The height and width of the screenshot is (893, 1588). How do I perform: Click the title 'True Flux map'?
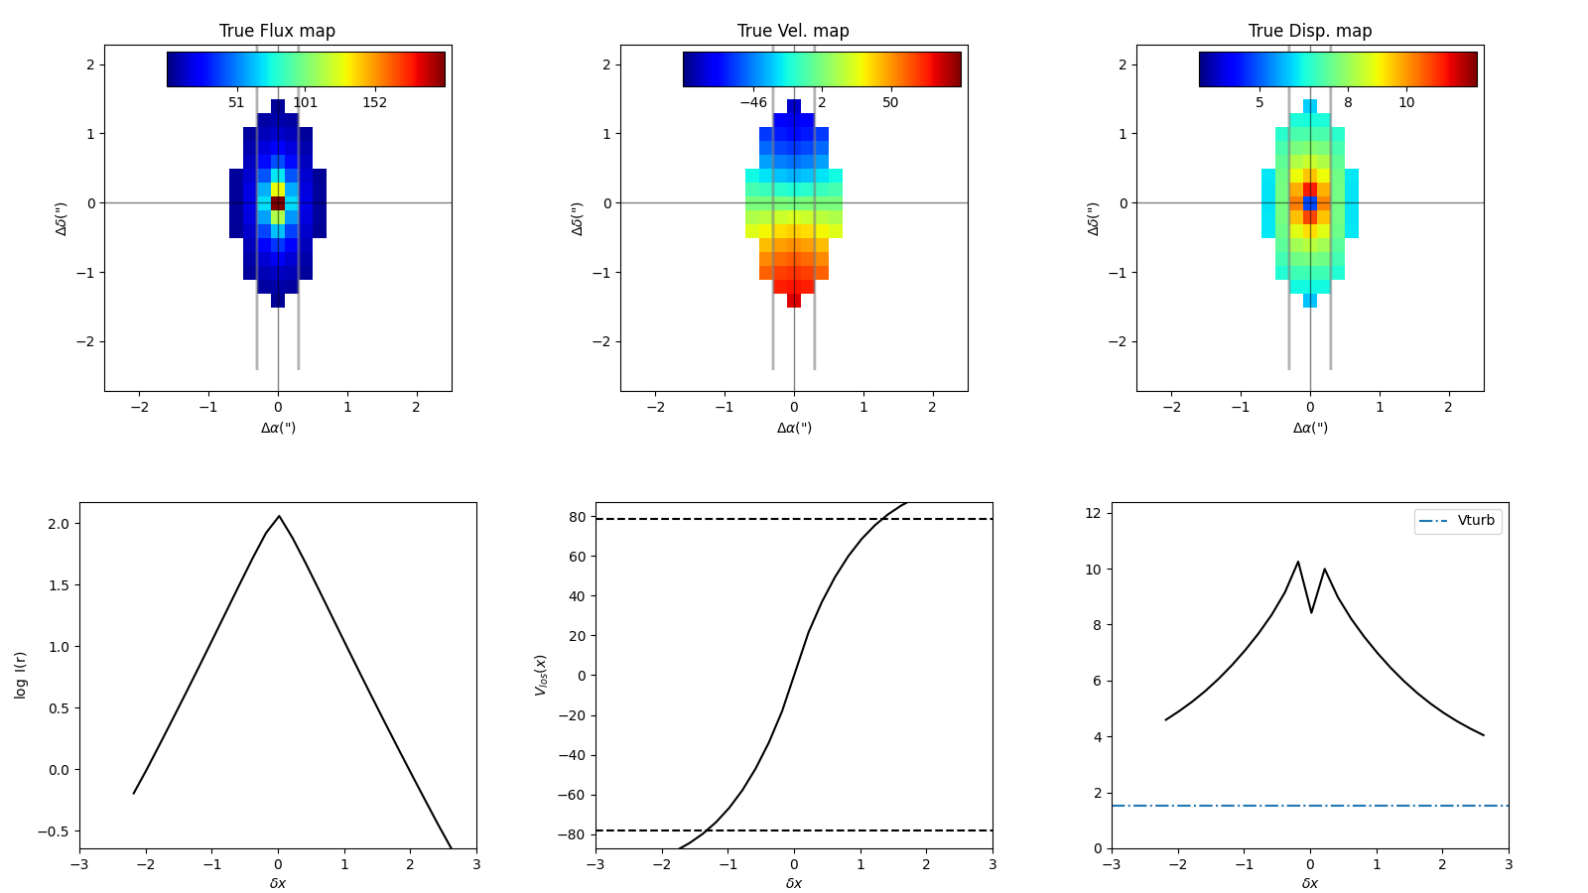277,31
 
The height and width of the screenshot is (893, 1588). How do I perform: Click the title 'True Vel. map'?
793,31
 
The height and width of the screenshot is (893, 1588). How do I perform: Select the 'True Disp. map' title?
1310,31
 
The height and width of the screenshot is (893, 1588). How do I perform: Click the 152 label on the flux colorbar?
374,103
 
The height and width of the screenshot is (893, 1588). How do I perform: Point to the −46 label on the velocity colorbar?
752,103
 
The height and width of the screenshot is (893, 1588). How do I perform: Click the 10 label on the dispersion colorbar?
1406,103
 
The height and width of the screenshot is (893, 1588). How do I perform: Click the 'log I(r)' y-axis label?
21,675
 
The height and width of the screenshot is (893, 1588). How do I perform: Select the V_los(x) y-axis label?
541,675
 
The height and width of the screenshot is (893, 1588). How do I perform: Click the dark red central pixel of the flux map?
278,203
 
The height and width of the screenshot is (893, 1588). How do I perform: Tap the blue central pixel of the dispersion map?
1310,203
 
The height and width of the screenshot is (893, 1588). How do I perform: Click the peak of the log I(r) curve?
279,516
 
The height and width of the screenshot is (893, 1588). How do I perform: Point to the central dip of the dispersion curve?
1311,612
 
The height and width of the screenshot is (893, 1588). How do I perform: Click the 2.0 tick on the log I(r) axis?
59,524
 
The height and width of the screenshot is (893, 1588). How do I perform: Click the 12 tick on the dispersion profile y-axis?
1094,513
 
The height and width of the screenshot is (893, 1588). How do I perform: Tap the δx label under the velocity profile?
793,883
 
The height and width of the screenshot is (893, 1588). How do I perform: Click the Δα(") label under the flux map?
278,428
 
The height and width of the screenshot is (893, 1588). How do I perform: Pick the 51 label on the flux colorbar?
236,103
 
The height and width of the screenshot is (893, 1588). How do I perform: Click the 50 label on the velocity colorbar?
890,103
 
